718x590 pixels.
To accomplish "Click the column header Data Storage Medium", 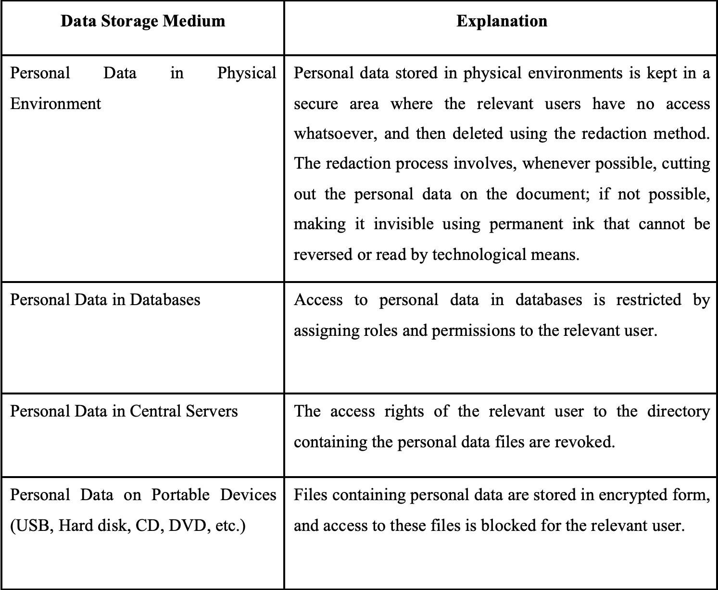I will coord(143,21).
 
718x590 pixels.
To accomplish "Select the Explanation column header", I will coord(502,21).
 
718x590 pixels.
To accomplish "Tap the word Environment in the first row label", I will coord(55,103).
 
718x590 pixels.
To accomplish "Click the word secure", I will coord(316,103).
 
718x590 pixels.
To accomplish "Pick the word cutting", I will coord(686,164).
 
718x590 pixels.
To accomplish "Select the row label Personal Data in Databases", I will coord(105,300).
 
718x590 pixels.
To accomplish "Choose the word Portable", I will coord(180,495).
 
